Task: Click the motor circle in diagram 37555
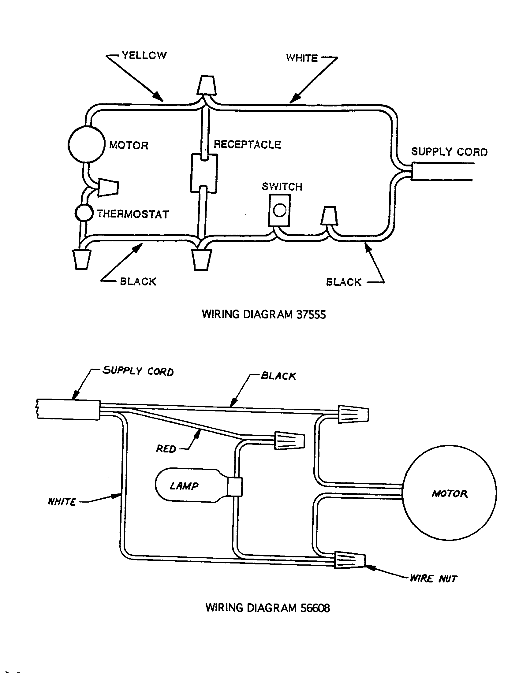[87, 144]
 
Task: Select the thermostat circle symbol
[84, 213]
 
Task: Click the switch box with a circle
[279, 210]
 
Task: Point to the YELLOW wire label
[144, 55]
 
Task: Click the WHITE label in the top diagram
[302, 58]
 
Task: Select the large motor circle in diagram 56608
[449, 494]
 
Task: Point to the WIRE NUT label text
[433, 579]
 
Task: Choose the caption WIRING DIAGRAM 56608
[267, 608]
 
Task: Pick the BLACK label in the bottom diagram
[278, 376]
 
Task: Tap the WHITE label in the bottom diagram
[62, 502]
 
